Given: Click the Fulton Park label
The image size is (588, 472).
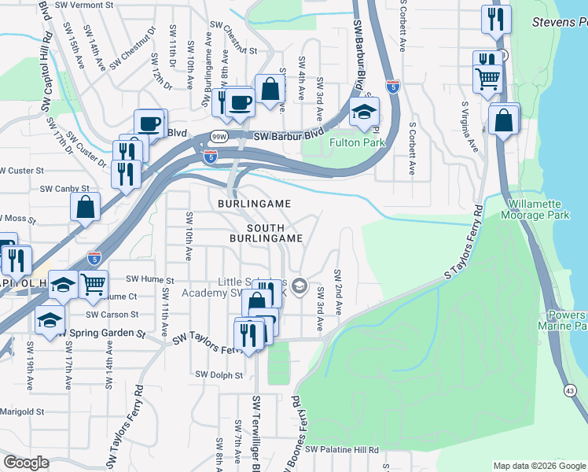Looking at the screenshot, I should [x=357, y=143].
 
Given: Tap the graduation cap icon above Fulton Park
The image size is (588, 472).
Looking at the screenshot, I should [x=365, y=113].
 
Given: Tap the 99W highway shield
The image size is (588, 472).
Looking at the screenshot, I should [x=219, y=136].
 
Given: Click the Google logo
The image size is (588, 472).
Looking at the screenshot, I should [x=26, y=463].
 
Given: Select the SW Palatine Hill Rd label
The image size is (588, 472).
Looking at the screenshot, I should [x=342, y=450].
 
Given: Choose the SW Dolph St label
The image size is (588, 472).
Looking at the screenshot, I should [x=219, y=375].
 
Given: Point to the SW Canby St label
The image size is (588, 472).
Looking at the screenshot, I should [x=64, y=189].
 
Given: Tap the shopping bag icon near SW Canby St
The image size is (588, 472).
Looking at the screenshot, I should [x=86, y=208].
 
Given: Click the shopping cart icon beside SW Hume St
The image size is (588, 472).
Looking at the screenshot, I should [x=94, y=284].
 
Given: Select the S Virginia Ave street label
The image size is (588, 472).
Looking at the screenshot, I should [x=469, y=126].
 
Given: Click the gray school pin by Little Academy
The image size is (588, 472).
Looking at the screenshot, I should [x=299, y=286].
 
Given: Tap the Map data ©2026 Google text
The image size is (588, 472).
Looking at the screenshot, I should [x=538, y=466].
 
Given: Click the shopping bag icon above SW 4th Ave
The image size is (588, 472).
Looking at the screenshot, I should [x=270, y=90].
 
